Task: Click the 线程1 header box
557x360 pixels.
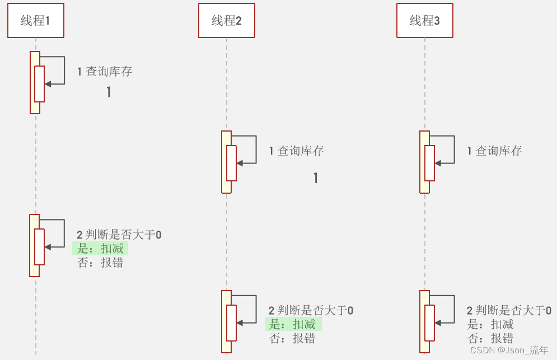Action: (35, 21)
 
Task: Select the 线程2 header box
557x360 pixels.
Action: (226, 21)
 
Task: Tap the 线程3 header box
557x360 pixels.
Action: (424, 21)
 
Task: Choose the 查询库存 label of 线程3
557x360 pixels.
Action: (498, 151)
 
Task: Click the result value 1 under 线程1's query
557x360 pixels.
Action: (109, 92)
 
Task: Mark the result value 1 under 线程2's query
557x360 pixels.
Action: (316, 178)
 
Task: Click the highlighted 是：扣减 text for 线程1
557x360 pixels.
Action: (101, 249)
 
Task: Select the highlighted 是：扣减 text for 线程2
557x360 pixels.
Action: (293, 325)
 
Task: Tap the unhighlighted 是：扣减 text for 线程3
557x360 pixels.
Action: (490, 325)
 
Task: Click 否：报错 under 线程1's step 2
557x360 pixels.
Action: (101, 263)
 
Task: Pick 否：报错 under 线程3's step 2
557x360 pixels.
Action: (490, 338)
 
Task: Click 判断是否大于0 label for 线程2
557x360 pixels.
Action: (315, 311)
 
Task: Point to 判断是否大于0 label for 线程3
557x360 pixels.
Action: (513, 311)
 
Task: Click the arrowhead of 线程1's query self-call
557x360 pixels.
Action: (48, 84)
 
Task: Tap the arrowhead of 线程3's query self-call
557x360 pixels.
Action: (438, 163)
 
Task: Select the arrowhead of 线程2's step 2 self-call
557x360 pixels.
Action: (240, 322)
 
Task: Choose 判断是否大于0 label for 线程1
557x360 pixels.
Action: (123, 235)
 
